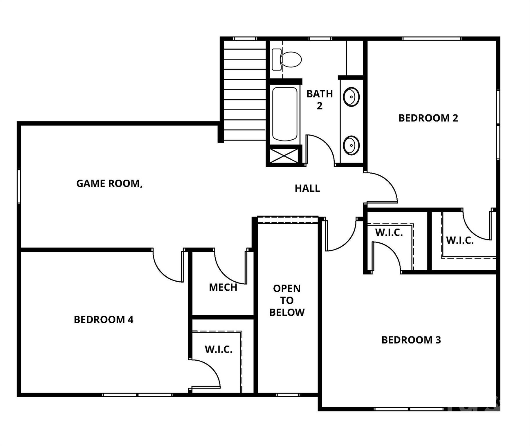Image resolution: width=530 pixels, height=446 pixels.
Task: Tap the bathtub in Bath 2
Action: [x=285, y=114]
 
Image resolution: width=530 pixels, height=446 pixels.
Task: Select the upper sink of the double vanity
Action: [x=351, y=97]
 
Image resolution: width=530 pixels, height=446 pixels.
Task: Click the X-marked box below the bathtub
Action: [x=284, y=156]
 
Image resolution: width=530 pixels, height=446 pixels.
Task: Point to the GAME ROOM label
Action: [x=109, y=184]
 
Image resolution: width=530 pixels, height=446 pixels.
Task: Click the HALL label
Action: [x=307, y=188]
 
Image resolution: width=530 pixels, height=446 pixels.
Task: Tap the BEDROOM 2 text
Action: [x=428, y=118]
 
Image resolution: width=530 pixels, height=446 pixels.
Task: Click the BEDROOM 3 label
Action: [x=411, y=340]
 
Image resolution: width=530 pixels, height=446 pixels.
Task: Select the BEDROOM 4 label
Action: [x=103, y=320]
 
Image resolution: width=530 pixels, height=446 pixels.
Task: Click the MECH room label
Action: [x=223, y=287]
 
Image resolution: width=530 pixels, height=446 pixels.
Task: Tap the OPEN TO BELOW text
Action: [x=287, y=300]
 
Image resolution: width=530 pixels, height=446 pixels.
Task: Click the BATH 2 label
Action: [x=320, y=100]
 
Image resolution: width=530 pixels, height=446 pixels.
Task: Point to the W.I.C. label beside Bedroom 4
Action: [x=219, y=349]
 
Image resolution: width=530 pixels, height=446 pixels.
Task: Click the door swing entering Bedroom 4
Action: [x=167, y=269]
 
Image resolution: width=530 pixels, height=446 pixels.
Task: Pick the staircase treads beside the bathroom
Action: [x=245, y=90]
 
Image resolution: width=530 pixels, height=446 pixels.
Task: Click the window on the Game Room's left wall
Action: [x=19, y=186]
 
